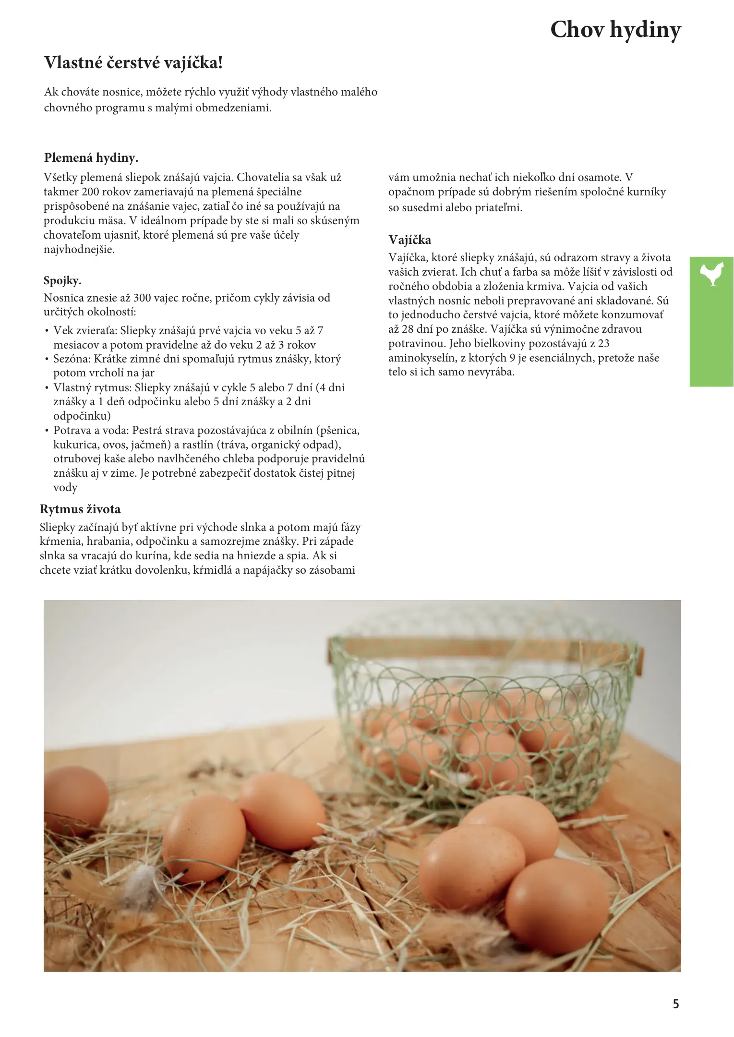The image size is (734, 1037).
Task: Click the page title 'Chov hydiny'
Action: coord(615,30)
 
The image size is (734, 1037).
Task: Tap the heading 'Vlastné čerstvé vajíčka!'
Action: coord(133,63)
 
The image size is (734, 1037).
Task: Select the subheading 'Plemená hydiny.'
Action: coord(91,158)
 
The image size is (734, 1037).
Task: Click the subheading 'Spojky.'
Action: coord(62,280)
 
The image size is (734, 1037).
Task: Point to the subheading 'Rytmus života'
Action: coord(80,509)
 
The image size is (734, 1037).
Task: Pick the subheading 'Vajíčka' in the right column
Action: coord(409,240)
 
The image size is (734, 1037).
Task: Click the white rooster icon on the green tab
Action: coord(712,274)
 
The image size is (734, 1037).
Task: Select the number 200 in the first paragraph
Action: coord(91,192)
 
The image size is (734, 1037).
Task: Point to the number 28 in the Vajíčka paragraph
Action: coord(407,329)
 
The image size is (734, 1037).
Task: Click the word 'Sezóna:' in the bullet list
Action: coord(72,359)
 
